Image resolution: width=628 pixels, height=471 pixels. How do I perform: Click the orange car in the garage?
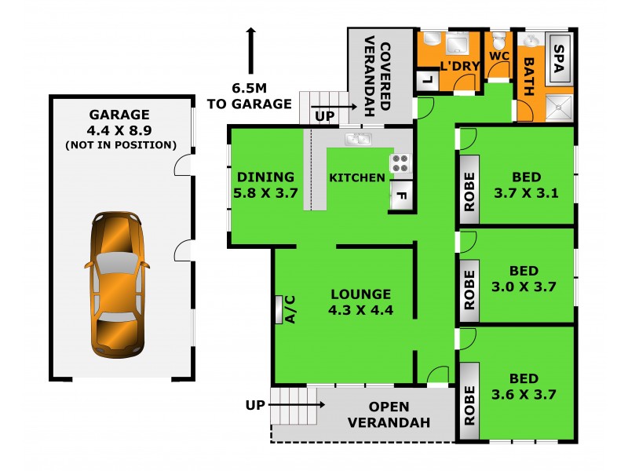(116, 284)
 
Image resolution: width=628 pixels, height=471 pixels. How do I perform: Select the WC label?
(499, 57)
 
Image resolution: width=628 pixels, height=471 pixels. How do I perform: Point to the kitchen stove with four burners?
(400, 162)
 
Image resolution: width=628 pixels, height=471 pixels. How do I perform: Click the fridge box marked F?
(400, 195)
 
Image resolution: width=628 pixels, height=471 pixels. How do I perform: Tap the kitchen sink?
(358, 139)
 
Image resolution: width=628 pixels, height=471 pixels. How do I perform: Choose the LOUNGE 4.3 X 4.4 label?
(360, 301)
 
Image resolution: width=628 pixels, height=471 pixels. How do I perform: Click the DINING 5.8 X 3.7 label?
(265, 185)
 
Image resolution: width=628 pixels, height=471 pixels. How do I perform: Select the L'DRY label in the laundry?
(459, 66)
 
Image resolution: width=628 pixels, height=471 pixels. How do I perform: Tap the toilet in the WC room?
(498, 39)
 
